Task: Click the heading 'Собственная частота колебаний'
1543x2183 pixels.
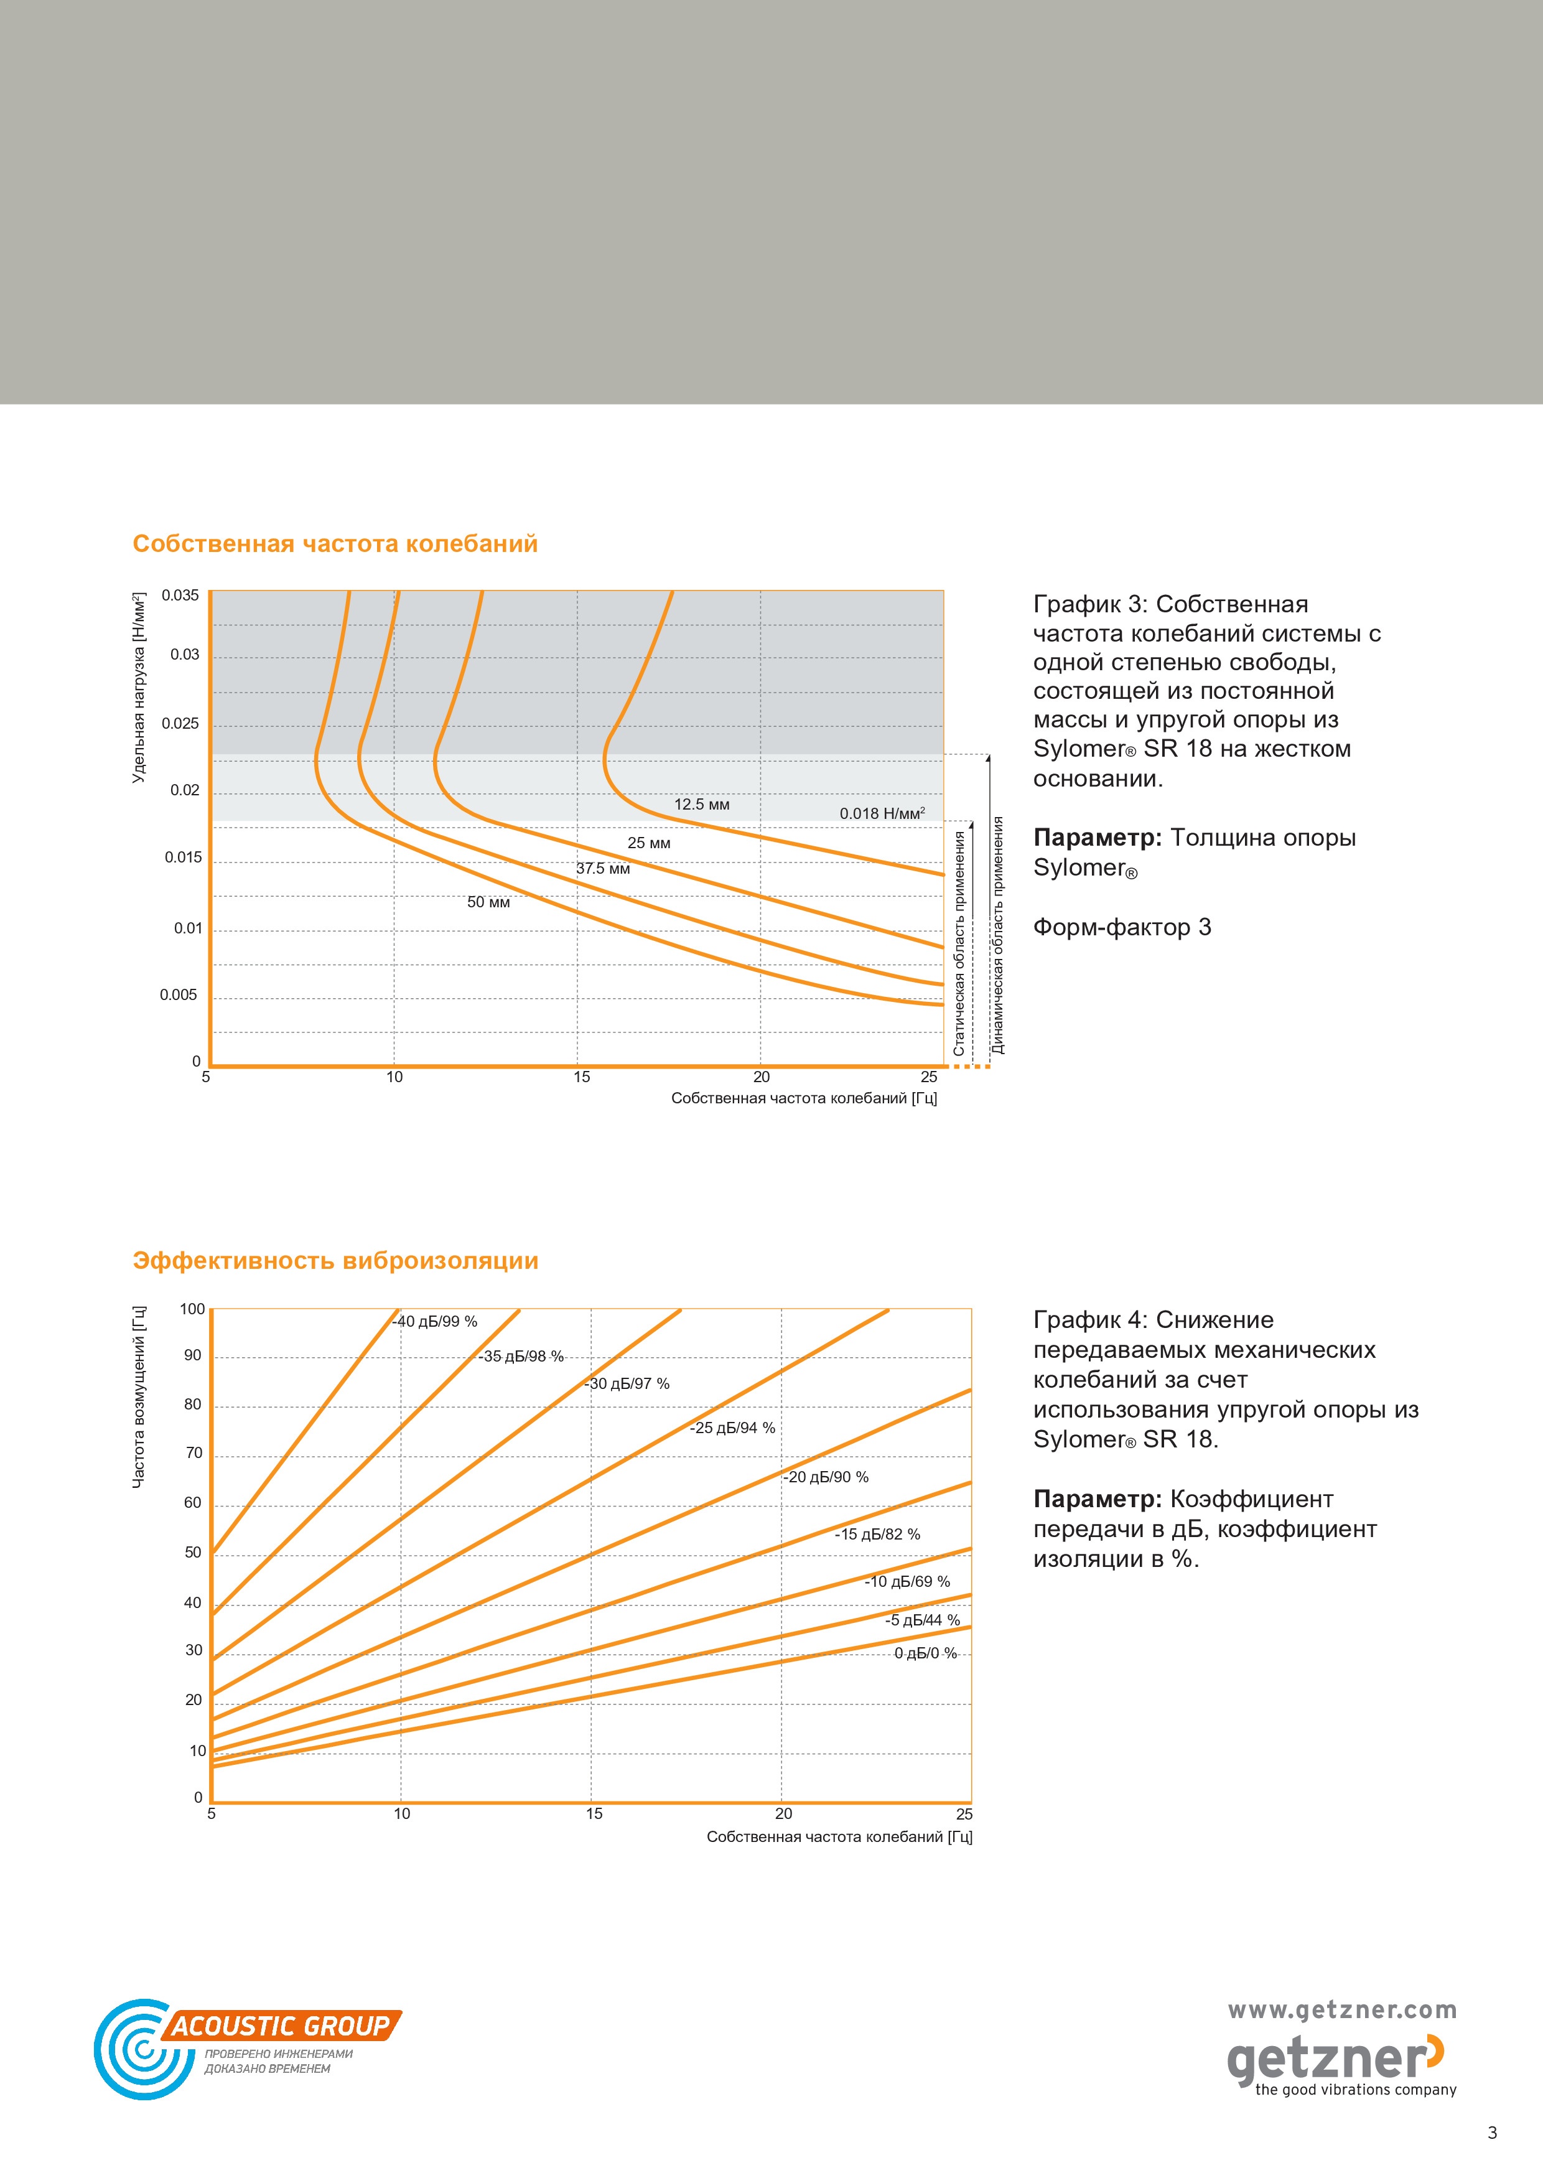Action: pyautogui.click(x=335, y=544)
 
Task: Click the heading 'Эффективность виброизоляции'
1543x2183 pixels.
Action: pyautogui.click(x=335, y=1261)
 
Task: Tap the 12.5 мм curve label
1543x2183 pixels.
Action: pyautogui.click(x=702, y=805)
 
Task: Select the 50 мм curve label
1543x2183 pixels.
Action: pyautogui.click(x=488, y=902)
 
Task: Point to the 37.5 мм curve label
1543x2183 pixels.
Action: pyautogui.click(x=603, y=868)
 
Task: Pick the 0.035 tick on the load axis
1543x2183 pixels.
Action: pyautogui.click(x=180, y=596)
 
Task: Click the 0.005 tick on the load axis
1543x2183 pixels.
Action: pyautogui.click(x=179, y=996)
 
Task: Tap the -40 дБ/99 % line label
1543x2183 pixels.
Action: pyautogui.click(x=434, y=1322)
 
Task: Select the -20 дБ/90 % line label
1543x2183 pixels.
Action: pyautogui.click(x=826, y=1477)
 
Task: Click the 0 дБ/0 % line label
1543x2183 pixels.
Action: pyautogui.click(x=926, y=1653)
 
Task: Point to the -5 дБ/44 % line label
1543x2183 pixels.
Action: pyautogui.click(x=922, y=1620)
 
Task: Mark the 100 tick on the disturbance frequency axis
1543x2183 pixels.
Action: pyautogui.click(x=192, y=1309)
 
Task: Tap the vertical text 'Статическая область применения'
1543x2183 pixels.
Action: pyautogui.click(x=959, y=943)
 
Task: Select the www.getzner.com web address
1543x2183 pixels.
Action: pyautogui.click(x=1343, y=2010)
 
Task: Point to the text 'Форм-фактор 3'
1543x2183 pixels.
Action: pyautogui.click(x=1122, y=927)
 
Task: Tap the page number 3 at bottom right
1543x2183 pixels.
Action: pyautogui.click(x=1491, y=2133)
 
